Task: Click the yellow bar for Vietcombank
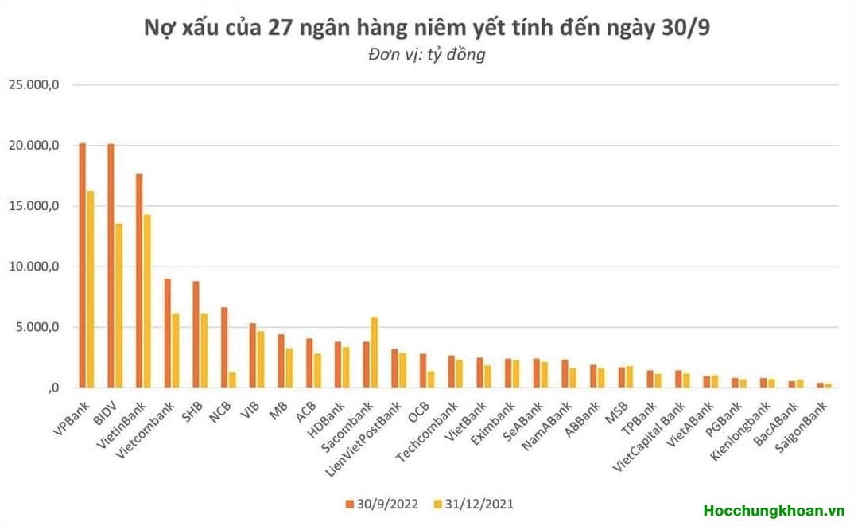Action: pos(176,351)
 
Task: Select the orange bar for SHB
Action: pos(196,334)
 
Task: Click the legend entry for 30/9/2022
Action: pos(382,504)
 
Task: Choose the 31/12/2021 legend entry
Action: pos(474,504)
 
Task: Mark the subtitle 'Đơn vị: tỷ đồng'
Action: pos(426,55)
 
